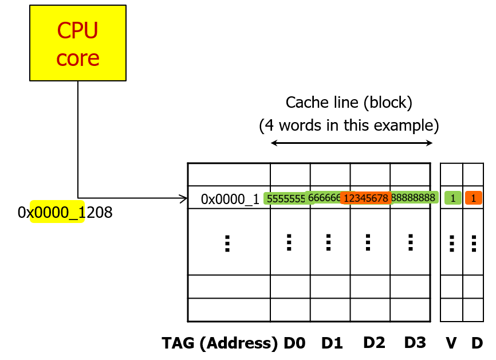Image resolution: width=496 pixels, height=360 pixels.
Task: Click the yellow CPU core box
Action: (x=78, y=43)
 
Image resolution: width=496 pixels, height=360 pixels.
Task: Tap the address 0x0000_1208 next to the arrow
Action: (x=65, y=213)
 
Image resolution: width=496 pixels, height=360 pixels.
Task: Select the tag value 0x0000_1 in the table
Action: (x=230, y=199)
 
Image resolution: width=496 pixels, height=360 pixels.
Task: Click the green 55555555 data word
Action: (x=285, y=198)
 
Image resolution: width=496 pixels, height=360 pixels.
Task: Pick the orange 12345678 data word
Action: (x=366, y=198)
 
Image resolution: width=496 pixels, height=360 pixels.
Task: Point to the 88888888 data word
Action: (x=415, y=198)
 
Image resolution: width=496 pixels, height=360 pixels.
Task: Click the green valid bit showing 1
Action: (x=452, y=198)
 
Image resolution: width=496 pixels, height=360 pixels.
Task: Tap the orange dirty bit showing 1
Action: (x=473, y=198)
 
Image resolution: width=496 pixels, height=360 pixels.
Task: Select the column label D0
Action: (x=294, y=343)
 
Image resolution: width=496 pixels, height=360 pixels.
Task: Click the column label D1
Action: (x=332, y=343)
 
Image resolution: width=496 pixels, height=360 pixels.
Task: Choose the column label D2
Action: (x=374, y=343)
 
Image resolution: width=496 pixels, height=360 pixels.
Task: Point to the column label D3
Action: (x=415, y=343)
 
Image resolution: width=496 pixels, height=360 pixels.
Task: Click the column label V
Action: (x=451, y=343)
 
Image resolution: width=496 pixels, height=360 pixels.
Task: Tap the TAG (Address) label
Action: (x=221, y=343)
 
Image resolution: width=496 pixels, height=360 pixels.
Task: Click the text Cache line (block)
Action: (x=349, y=103)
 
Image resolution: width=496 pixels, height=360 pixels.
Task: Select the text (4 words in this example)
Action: (x=349, y=124)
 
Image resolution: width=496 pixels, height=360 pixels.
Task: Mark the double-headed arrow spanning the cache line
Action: (x=351, y=143)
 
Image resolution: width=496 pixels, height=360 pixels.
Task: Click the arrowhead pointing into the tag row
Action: (x=184, y=199)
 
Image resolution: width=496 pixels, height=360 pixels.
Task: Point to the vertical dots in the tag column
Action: (x=227, y=243)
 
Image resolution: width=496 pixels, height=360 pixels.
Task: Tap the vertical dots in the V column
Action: (x=452, y=243)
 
